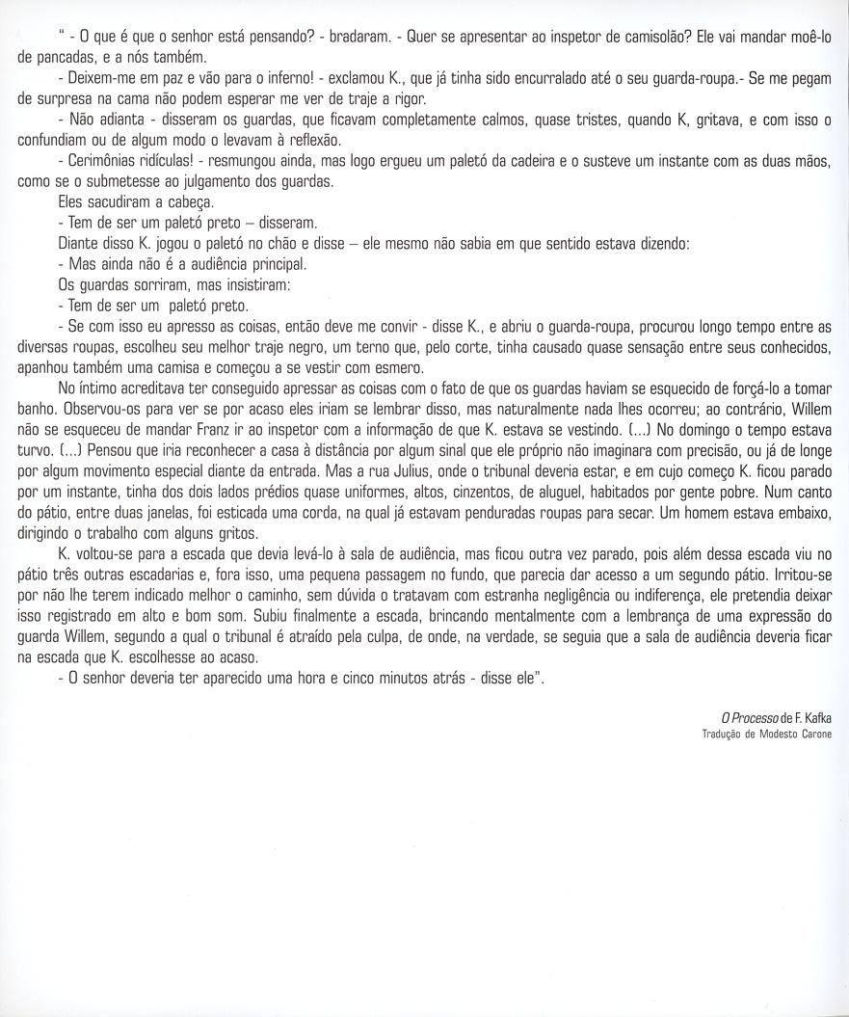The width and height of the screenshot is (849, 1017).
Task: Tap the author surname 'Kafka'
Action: [815, 717]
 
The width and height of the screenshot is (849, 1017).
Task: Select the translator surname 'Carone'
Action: [813, 735]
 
